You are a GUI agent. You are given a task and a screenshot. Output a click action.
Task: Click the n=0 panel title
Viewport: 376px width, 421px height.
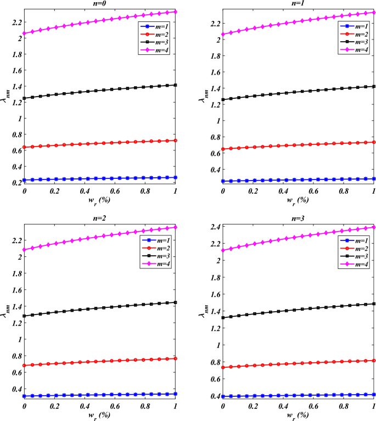pos(100,3)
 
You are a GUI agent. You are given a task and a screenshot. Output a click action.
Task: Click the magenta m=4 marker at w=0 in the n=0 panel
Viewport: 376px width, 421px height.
pos(24,33)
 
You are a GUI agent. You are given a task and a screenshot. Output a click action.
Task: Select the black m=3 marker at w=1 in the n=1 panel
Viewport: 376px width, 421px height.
pos(373,86)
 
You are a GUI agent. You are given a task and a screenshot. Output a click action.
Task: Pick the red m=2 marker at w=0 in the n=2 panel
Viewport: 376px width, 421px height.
pos(24,365)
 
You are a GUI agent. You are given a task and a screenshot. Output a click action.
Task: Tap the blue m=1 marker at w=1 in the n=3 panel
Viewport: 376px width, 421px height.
pos(373,394)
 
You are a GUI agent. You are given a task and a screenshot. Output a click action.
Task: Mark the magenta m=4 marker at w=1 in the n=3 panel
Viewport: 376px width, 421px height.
pos(373,227)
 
